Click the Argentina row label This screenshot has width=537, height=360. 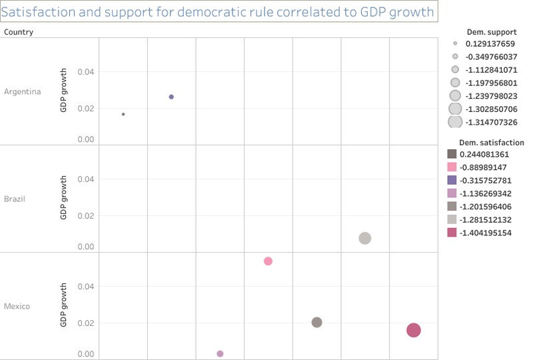(22, 91)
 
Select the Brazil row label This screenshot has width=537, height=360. (14, 199)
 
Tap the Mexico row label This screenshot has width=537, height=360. (16, 306)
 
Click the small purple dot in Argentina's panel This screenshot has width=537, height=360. (171, 97)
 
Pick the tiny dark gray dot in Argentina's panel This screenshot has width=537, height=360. (123, 114)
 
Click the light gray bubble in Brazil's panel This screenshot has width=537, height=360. (364, 238)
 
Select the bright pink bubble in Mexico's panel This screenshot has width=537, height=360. (268, 261)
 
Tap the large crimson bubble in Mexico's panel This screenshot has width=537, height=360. (413, 330)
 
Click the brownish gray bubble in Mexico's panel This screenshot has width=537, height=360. (316, 322)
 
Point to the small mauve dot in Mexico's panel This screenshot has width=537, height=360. (220, 353)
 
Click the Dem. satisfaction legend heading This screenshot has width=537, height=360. (491, 143)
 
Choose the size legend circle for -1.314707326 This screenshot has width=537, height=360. (455, 121)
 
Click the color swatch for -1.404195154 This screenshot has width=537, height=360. (452, 233)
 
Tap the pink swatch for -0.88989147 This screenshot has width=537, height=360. (452, 167)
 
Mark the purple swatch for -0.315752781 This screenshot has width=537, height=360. (452, 180)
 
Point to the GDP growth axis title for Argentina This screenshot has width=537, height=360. (64, 91)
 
